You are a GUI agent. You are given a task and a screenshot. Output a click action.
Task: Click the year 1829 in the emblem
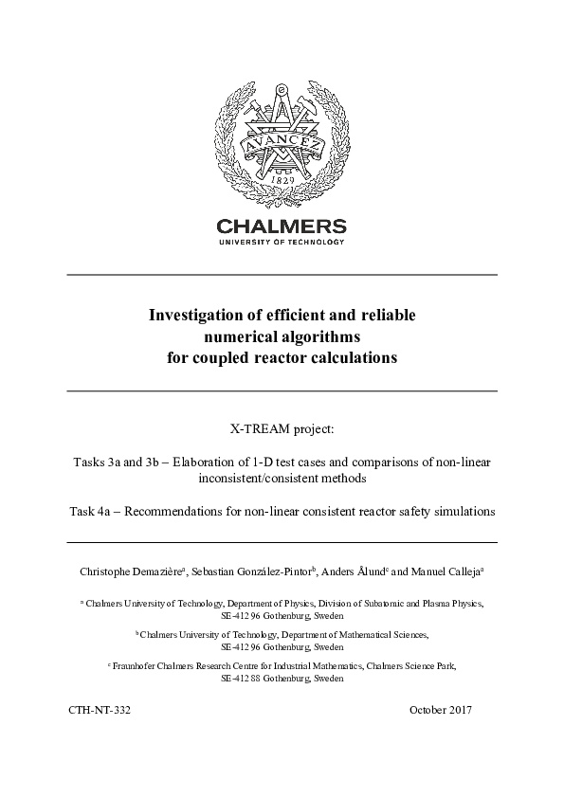[x=282, y=178]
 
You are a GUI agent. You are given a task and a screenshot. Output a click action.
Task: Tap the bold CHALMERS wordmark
[x=282, y=227]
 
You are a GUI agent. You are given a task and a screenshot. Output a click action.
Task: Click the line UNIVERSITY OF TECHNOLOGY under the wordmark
[x=282, y=243]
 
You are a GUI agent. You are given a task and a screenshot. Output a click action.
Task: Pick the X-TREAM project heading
[x=282, y=430]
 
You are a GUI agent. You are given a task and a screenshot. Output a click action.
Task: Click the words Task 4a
[x=89, y=511]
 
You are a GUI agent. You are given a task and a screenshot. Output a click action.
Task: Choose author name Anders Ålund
[x=352, y=571]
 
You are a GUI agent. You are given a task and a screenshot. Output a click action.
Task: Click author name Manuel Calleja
[x=446, y=571]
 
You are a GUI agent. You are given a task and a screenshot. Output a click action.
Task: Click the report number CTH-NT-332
[x=100, y=710]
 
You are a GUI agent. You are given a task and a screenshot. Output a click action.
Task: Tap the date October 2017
[x=441, y=710]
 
